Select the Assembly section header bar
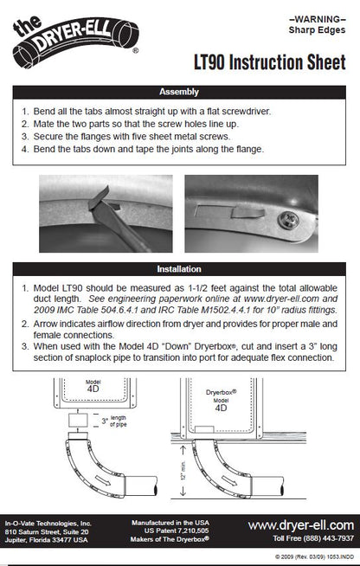179,92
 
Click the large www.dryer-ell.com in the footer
299,525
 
